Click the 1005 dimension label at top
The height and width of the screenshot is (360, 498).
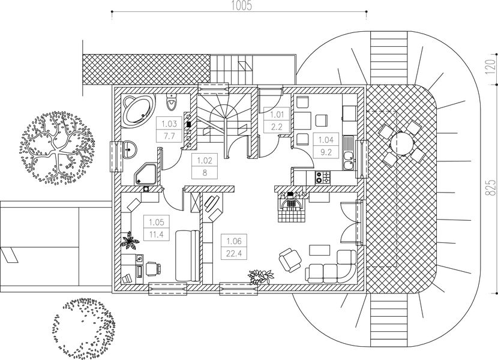coord(239,6)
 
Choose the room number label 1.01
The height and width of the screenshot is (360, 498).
coord(277,114)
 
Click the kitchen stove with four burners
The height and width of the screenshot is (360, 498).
coord(323,176)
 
